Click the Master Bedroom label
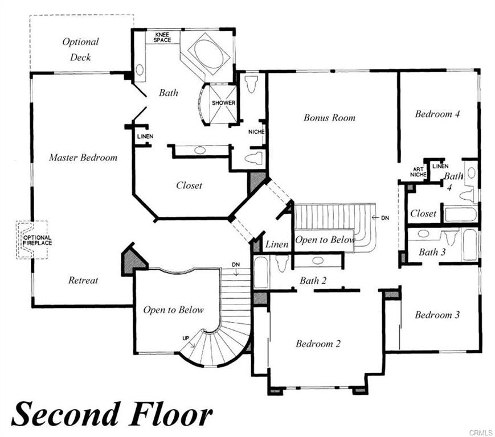[83, 158]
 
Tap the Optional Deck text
[80, 49]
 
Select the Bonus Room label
[329, 118]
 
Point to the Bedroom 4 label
[437, 113]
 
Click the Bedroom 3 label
[437, 315]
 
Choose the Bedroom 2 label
[318, 343]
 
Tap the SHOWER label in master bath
[223, 103]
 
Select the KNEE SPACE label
[162, 37]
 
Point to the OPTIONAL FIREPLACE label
[37, 240]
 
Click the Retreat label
[83, 280]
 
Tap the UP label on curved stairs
[186, 339]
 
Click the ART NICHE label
[418, 172]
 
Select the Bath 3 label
[432, 252]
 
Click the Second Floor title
[112, 414]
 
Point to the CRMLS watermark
[481, 432]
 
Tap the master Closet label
[189, 185]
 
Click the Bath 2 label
[313, 281]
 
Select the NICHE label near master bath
[256, 132]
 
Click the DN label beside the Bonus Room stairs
[385, 217]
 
